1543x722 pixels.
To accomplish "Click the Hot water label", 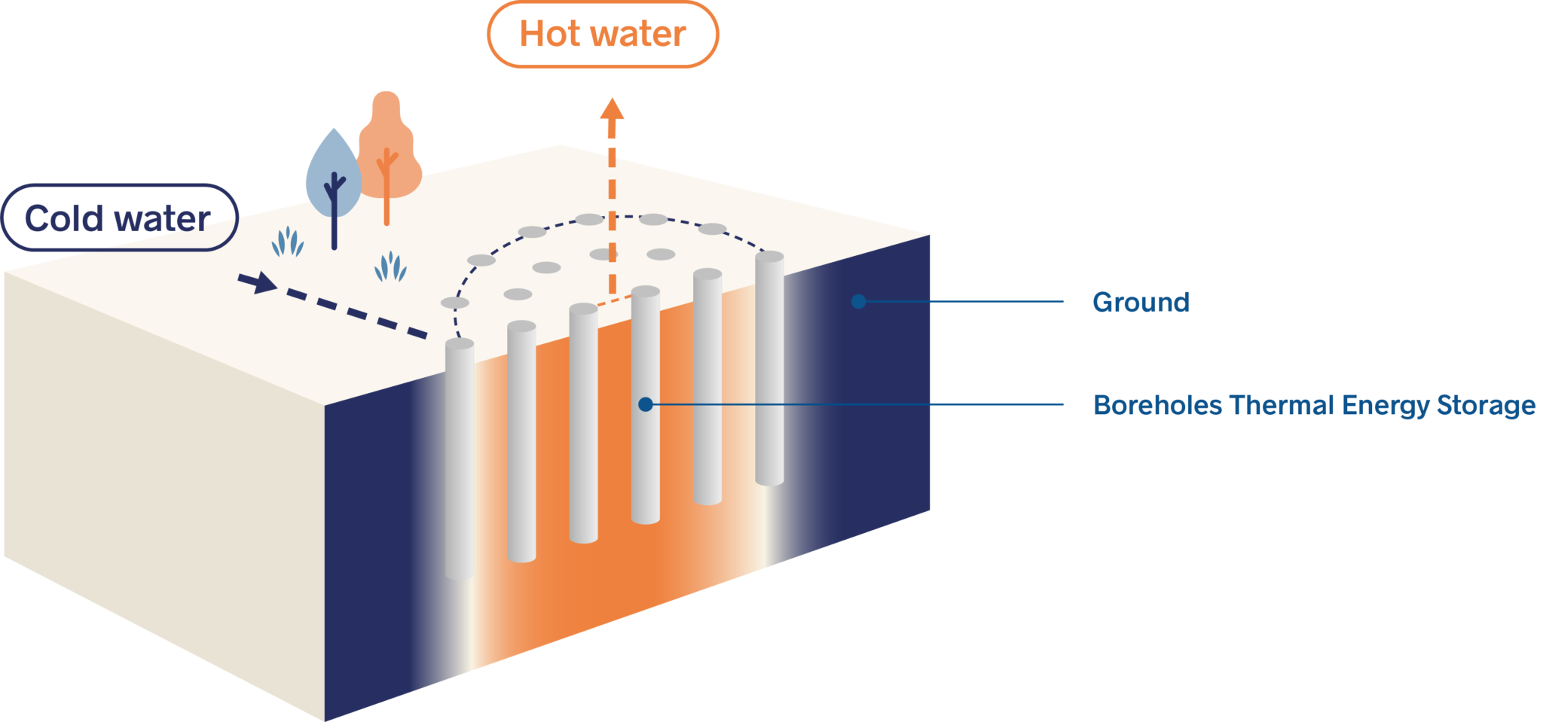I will [x=603, y=35].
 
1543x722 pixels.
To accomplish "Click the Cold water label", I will [x=118, y=218].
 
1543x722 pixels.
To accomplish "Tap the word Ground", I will [x=1141, y=302].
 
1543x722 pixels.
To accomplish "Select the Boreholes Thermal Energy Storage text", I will [x=1314, y=405].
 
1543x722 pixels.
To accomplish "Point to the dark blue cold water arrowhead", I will [x=260, y=283].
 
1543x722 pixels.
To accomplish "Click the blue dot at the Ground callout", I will [x=858, y=302].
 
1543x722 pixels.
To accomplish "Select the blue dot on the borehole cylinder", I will [x=645, y=405].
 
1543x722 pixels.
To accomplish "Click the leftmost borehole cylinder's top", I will [x=460, y=345].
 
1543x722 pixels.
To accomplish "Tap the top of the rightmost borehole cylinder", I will [x=769, y=257].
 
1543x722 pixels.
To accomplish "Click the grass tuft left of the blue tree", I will [x=287, y=242].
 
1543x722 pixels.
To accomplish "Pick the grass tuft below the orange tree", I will [x=390, y=267].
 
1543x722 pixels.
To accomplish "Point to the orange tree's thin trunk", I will [x=387, y=200].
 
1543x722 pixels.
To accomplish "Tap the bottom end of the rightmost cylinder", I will [x=769, y=480].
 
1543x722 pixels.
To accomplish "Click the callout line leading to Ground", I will [x=964, y=302].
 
